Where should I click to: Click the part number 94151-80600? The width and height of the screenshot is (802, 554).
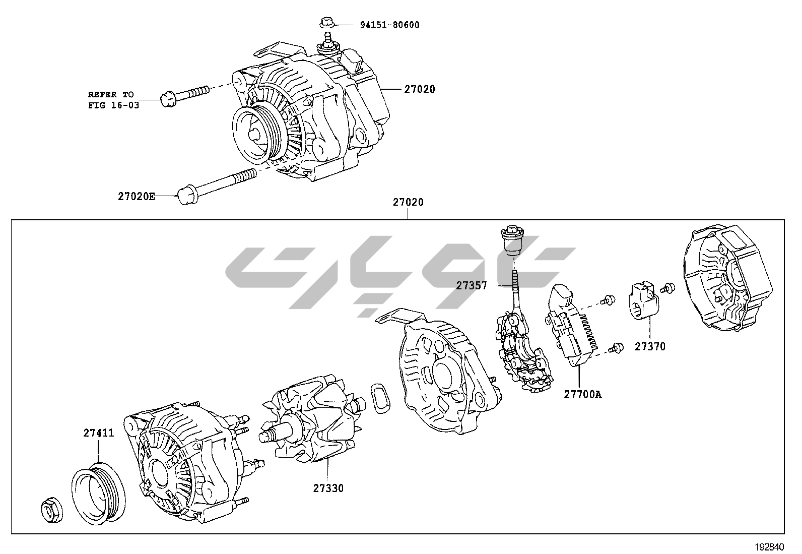coord(389,25)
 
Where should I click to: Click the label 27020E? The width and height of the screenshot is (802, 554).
coord(137,196)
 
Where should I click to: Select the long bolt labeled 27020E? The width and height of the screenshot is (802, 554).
coord(217,184)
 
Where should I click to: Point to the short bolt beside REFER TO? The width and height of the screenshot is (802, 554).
coord(184,95)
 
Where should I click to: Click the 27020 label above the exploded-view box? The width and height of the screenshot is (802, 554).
coord(408,202)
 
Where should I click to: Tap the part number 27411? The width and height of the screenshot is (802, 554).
coord(99,433)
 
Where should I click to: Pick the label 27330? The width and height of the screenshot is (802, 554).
coord(328,488)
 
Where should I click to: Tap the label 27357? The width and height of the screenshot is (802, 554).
coord(472,285)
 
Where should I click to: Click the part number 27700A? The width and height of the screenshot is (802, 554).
coord(582,394)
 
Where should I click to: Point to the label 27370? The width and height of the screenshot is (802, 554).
coord(650,346)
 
